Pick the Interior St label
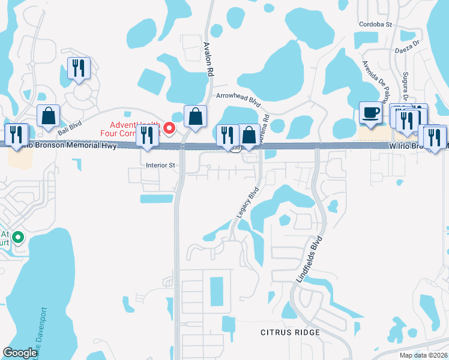(x=160, y=164)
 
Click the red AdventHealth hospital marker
(x=169, y=127)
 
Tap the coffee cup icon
(x=370, y=112)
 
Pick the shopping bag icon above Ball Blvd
(x=47, y=116)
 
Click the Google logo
(x=20, y=353)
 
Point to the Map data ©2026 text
(x=423, y=355)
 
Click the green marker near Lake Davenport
(x=18, y=238)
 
